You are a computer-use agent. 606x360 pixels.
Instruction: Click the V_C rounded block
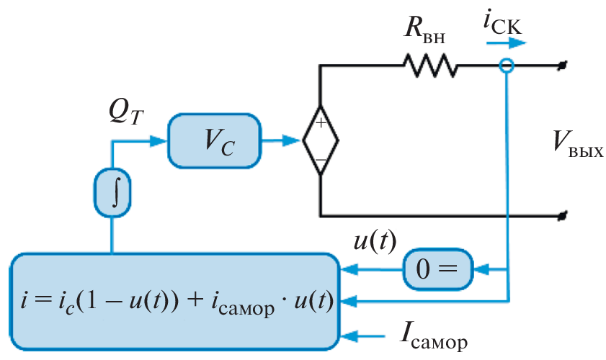214,140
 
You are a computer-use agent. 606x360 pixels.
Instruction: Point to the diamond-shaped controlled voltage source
320,140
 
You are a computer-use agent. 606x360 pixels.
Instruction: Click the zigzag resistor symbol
430,66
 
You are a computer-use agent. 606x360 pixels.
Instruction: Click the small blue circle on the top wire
507,66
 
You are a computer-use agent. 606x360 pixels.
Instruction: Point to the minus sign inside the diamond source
320,158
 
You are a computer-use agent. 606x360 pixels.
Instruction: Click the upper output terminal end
565,66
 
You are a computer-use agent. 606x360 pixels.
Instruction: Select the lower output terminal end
565,215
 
